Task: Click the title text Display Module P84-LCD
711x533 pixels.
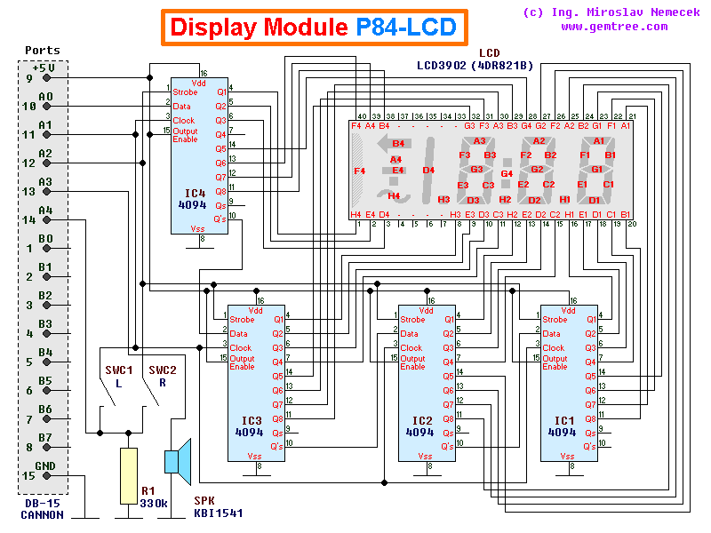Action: tap(314, 28)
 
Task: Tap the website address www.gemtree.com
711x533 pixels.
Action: tap(614, 27)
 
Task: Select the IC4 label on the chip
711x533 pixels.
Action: tap(196, 191)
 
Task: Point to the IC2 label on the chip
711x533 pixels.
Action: tap(419, 419)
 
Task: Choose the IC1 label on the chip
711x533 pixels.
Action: tap(562, 419)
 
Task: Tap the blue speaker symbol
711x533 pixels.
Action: tap(178, 462)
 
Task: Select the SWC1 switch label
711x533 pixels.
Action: tap(117, 370)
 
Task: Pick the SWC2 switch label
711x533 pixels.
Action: tap(163, 370)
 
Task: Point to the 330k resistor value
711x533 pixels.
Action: tap(155, 503)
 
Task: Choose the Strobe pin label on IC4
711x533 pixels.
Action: tap(186, 91)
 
